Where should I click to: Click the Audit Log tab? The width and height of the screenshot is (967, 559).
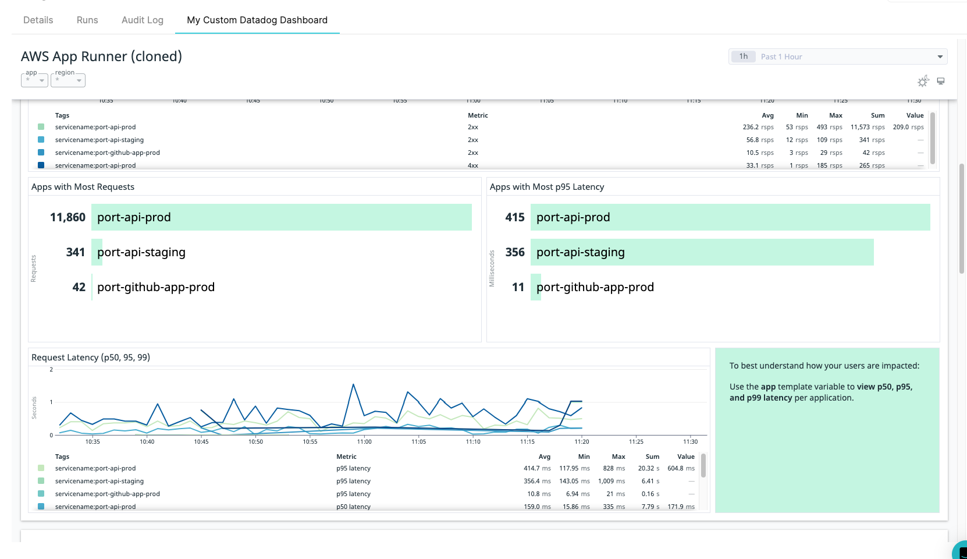pos(142,20)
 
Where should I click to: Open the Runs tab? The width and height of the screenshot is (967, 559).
pos(87,20)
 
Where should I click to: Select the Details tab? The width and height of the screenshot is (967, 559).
pos(38,20)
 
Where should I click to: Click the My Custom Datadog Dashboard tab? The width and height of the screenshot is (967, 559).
pos(257,20)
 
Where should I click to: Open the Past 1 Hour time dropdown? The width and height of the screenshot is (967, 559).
pos(837,56)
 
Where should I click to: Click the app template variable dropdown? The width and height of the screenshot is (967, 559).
pos(34,80)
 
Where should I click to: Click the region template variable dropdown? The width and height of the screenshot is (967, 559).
pos(67,80)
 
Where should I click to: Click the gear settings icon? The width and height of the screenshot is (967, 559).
pos(923,82)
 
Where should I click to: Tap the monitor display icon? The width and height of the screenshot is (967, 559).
pos(941,81)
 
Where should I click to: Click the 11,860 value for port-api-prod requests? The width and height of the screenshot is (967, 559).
pos(67,217)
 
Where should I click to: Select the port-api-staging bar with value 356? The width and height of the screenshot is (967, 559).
pos(702,252)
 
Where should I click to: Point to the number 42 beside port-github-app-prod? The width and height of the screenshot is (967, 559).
pos(79,287)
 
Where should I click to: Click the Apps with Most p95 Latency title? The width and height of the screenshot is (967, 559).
pos(546,187)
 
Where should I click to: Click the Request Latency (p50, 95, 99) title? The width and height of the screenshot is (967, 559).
pos(91,358)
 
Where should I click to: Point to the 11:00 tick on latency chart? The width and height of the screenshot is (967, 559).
pos(364,441)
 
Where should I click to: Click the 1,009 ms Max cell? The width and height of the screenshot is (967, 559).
pos(611,481)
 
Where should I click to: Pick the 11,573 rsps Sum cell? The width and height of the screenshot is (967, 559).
pos(867,127)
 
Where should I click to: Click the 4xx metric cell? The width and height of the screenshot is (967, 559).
pos(472,165)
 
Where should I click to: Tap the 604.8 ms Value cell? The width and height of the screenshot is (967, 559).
pos(681,468)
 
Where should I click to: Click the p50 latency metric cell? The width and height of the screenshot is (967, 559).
pos(353,507)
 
